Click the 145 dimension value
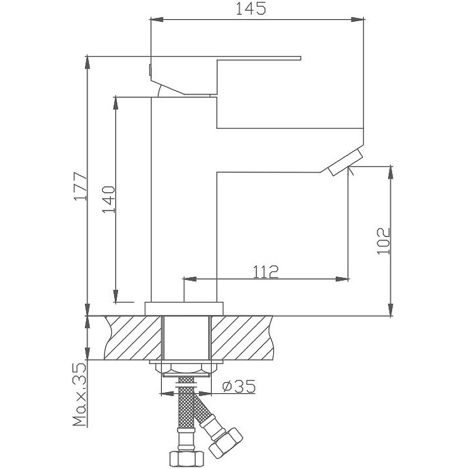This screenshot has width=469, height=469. pos(251,8)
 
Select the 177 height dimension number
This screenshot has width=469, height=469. pos(81,186)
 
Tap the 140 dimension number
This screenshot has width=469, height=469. pos(108,199)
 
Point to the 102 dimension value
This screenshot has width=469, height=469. pos(383,241)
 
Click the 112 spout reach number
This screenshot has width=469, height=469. pos(266,271)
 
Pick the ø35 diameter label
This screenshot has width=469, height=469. pos(239,386)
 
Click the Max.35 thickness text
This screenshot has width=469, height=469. pos(80,395)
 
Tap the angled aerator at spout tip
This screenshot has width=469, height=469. pos(346,162)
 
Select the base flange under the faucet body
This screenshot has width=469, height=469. pos(184,308)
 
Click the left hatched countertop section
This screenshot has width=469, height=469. pos(133,338)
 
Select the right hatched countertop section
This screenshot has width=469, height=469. pos(242,338)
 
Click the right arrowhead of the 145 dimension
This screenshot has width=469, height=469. pos(358,20)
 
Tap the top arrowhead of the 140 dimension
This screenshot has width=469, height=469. pos(115,104)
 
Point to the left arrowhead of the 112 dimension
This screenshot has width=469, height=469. pos(189,279)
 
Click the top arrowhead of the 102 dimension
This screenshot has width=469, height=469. pos(390,172)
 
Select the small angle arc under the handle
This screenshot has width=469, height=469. pos(158,90)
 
